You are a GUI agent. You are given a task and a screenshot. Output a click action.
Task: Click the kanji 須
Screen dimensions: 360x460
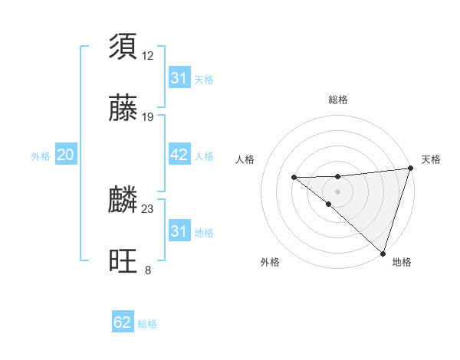(123, 46)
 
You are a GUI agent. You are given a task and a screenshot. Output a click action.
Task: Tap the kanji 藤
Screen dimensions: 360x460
(123, 108)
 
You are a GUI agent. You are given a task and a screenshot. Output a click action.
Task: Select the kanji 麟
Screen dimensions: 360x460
(123, 200)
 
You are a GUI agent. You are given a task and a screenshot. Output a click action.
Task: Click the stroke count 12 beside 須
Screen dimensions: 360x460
(148, 55)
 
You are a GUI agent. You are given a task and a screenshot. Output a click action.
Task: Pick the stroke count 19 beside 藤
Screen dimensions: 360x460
(148, 117)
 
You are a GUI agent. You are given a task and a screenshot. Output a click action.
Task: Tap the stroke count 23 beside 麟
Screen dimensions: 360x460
(148, 208)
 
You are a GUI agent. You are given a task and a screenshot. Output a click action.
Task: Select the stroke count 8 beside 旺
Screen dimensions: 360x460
(148, 270)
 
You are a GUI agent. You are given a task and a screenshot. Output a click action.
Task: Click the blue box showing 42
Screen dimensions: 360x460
(179, 155)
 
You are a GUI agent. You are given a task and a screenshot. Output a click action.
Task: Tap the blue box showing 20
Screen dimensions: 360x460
(65, 155)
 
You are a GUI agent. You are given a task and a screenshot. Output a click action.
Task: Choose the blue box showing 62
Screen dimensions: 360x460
(123, 322)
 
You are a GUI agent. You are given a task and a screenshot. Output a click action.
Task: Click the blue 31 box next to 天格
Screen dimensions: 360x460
(179, 78)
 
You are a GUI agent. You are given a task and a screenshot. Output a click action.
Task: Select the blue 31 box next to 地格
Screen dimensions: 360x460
(179, 231)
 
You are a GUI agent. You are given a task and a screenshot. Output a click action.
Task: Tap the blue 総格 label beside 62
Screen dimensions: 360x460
(147, 324)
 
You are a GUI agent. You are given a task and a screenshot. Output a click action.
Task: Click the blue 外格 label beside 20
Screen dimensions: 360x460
(41, 156)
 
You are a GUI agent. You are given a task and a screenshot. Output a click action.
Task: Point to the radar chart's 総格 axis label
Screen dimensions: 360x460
(337, 100)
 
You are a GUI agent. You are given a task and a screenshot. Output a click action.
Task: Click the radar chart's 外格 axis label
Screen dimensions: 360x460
(270, 262)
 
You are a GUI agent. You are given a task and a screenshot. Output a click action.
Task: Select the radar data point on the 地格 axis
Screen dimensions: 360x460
(382, 252)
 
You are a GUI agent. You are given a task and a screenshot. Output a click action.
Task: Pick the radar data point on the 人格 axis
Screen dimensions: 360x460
(294, 178)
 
